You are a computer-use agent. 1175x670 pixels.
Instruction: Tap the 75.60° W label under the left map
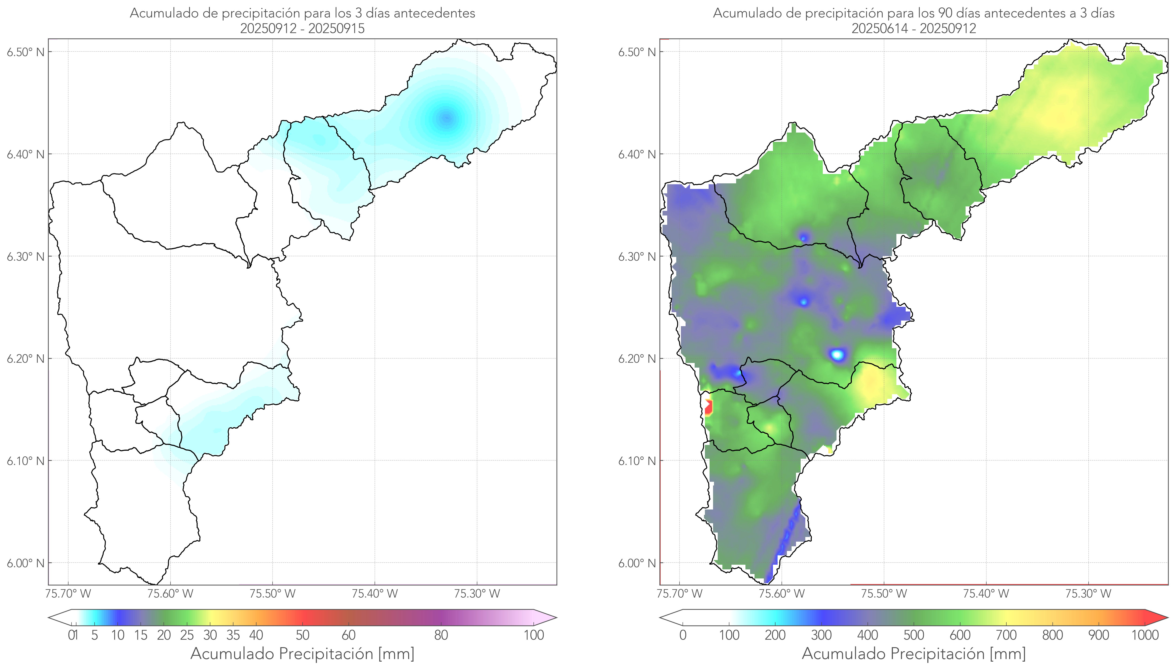(x=170, y=594)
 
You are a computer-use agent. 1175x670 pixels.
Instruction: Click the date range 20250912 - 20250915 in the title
(x=302, y=28)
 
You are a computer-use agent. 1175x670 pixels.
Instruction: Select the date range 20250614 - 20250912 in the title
(x=914, y=28)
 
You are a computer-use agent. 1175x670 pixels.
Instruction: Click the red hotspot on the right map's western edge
(x=708, y=407)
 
